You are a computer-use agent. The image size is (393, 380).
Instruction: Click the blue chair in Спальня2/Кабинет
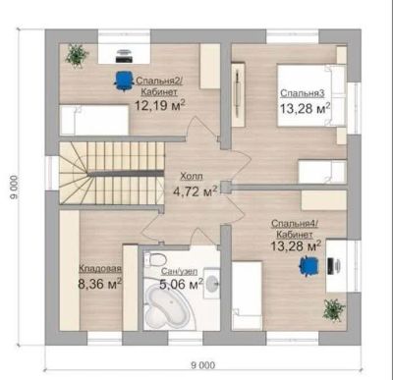(124, 81)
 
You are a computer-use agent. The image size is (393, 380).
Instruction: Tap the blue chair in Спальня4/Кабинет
(309, 266)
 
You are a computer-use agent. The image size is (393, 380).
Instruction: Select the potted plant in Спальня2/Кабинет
(77, 55)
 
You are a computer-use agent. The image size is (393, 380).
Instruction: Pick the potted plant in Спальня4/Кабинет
(334, 309)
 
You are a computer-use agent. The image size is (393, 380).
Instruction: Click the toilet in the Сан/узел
(154, 259)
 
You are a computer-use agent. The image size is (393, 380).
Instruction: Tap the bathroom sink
(211, 283)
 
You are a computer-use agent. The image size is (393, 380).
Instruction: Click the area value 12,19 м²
(160, 106)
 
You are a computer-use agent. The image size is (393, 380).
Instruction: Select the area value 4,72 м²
(196, 191)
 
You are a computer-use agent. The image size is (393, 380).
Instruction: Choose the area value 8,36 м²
(100, 284)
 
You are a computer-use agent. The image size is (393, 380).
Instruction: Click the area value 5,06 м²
(181, 284)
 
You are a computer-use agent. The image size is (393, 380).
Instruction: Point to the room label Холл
(192, 177)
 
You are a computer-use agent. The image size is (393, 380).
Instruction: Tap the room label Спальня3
(303, 93)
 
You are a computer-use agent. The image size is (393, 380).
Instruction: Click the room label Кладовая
(100, 269)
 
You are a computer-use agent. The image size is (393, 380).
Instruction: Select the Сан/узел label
(179, 271)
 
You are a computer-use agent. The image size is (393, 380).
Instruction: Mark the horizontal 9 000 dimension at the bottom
(203, 365)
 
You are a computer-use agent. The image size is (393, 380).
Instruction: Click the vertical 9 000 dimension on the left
(14, 188)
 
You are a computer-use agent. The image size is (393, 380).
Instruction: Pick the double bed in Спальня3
(311, 95)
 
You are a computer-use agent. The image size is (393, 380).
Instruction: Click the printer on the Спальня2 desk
(124, 56)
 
